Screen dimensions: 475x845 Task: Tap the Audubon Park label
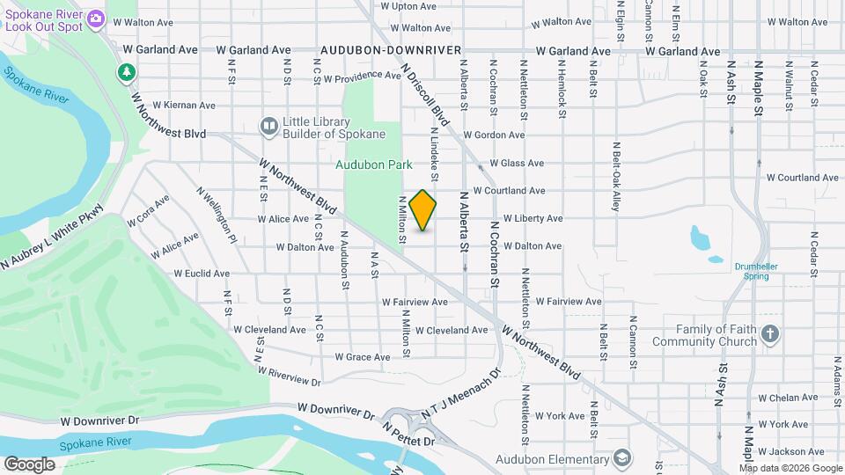373,164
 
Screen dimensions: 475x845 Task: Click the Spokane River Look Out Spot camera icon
97,18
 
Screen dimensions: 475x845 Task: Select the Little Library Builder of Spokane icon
268,128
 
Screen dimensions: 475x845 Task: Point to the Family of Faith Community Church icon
770,334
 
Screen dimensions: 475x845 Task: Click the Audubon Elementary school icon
623,459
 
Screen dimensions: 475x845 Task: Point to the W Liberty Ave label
532,218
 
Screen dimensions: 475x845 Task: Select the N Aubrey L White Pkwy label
52,238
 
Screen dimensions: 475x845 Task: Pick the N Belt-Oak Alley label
617,176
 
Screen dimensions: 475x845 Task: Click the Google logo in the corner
29,464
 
